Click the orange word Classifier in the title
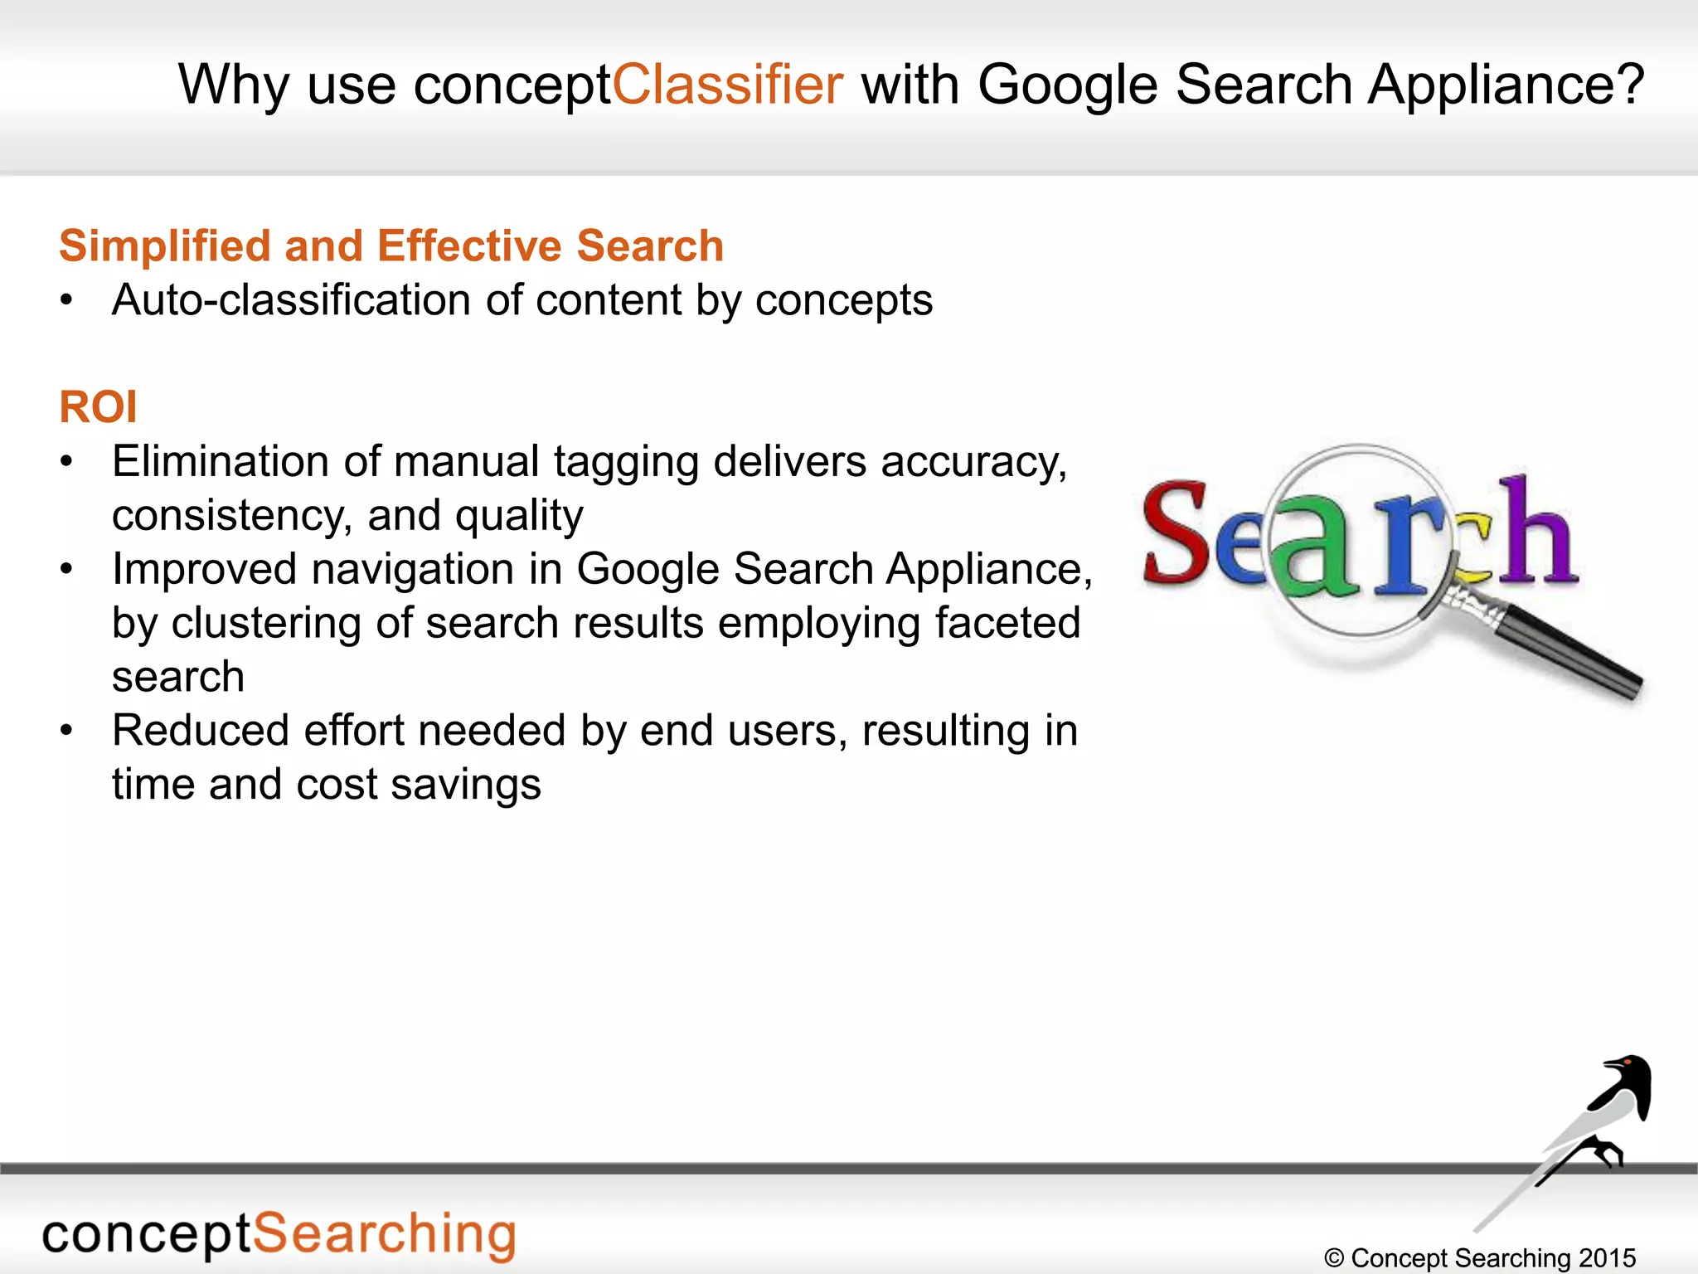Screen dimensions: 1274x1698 728,85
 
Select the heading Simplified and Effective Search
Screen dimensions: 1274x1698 391,246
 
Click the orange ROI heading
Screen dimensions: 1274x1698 98,407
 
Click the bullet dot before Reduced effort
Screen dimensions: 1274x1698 67,731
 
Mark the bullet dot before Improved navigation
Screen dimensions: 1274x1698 67,570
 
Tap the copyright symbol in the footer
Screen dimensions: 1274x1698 1334,1258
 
